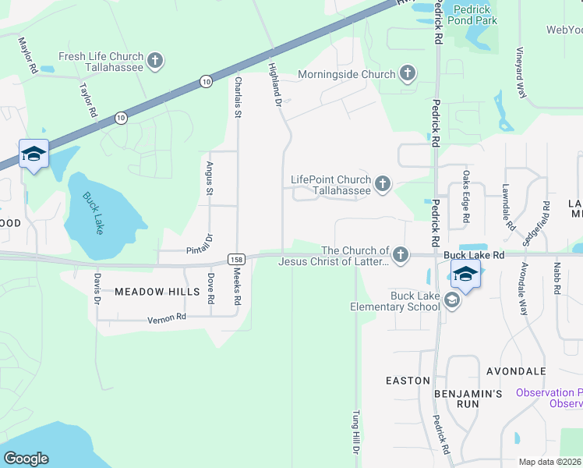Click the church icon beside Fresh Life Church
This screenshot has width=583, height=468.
point(155,61)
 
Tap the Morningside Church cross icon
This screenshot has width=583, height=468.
point(407,74)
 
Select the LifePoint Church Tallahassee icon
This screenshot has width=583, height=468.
point(382,184)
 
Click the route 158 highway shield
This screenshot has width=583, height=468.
point(237,258)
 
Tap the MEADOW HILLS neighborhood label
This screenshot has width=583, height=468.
point(146,292)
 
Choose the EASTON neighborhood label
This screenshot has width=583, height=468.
point(408,381)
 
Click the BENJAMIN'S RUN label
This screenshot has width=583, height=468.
point(468,394)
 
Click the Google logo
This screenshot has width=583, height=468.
point(26,458)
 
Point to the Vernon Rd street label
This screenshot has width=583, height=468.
point(167,318)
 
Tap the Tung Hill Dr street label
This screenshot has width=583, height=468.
point(355,434)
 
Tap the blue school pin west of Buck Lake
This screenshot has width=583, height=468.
point(34,154)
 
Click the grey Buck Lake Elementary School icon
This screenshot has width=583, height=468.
point(450,300)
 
